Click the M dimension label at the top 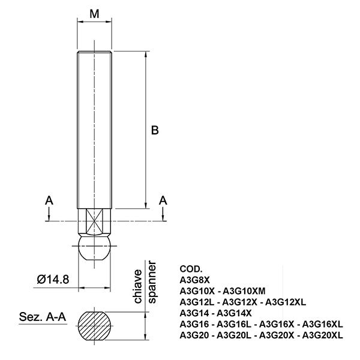point(94,14)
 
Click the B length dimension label point(155,130)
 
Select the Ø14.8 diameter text point(53,280)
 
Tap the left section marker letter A point(49,200)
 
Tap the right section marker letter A point(163,200)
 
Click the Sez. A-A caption point(43,317)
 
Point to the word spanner point(152,283)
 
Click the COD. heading point(191,269)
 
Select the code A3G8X point(194,280)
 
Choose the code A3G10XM point(244,291)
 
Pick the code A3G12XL point(286,302)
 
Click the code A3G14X point(234,313)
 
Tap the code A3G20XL point(323,335)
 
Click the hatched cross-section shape point(94,326)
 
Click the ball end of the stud point(94,248)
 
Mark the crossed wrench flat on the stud point(94,221)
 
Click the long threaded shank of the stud point(94,130)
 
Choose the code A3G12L point(197,302)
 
